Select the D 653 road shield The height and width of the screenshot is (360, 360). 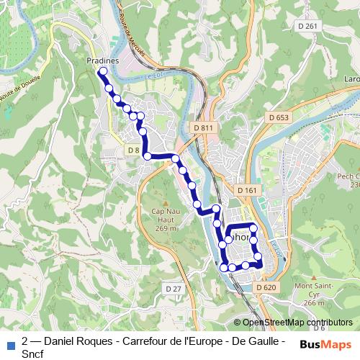(279, 117)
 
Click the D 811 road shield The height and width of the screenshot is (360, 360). (204, 127)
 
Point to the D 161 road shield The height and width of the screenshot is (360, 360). (246, 190)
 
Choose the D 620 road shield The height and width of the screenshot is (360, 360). (265, 287)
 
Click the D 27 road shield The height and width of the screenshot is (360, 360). (173, 289)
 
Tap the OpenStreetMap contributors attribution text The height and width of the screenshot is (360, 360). (297, 323)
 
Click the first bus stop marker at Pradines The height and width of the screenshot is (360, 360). (103, 72)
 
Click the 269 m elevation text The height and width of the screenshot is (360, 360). (166, 228)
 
